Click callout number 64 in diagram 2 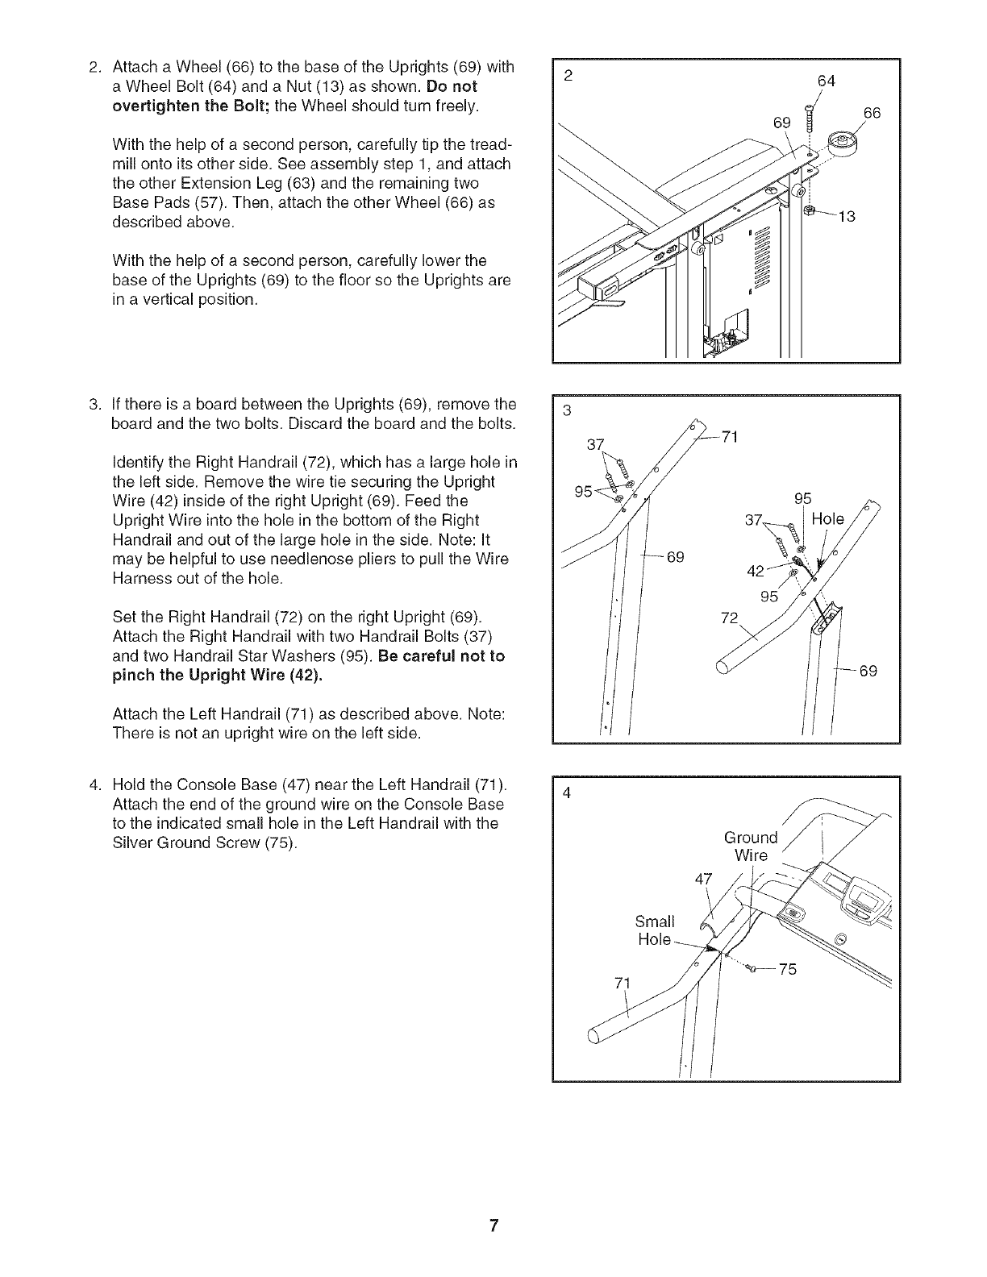pyautogui.click(x=827, y=81)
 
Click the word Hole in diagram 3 pyautogui.click(x=827, y=519)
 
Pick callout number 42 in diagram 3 pyautogui.click(x=756, y=571)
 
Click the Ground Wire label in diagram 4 pyautogui.click(x=751, y=846)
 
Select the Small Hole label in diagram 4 pyautogui.click(x=655, y=930)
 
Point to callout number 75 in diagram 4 pyautogui.click(x=787, y=970)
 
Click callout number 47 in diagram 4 pyautogui.click(x=704, y=880)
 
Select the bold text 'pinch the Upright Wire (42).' pyautogui.click(x=218, y=676)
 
